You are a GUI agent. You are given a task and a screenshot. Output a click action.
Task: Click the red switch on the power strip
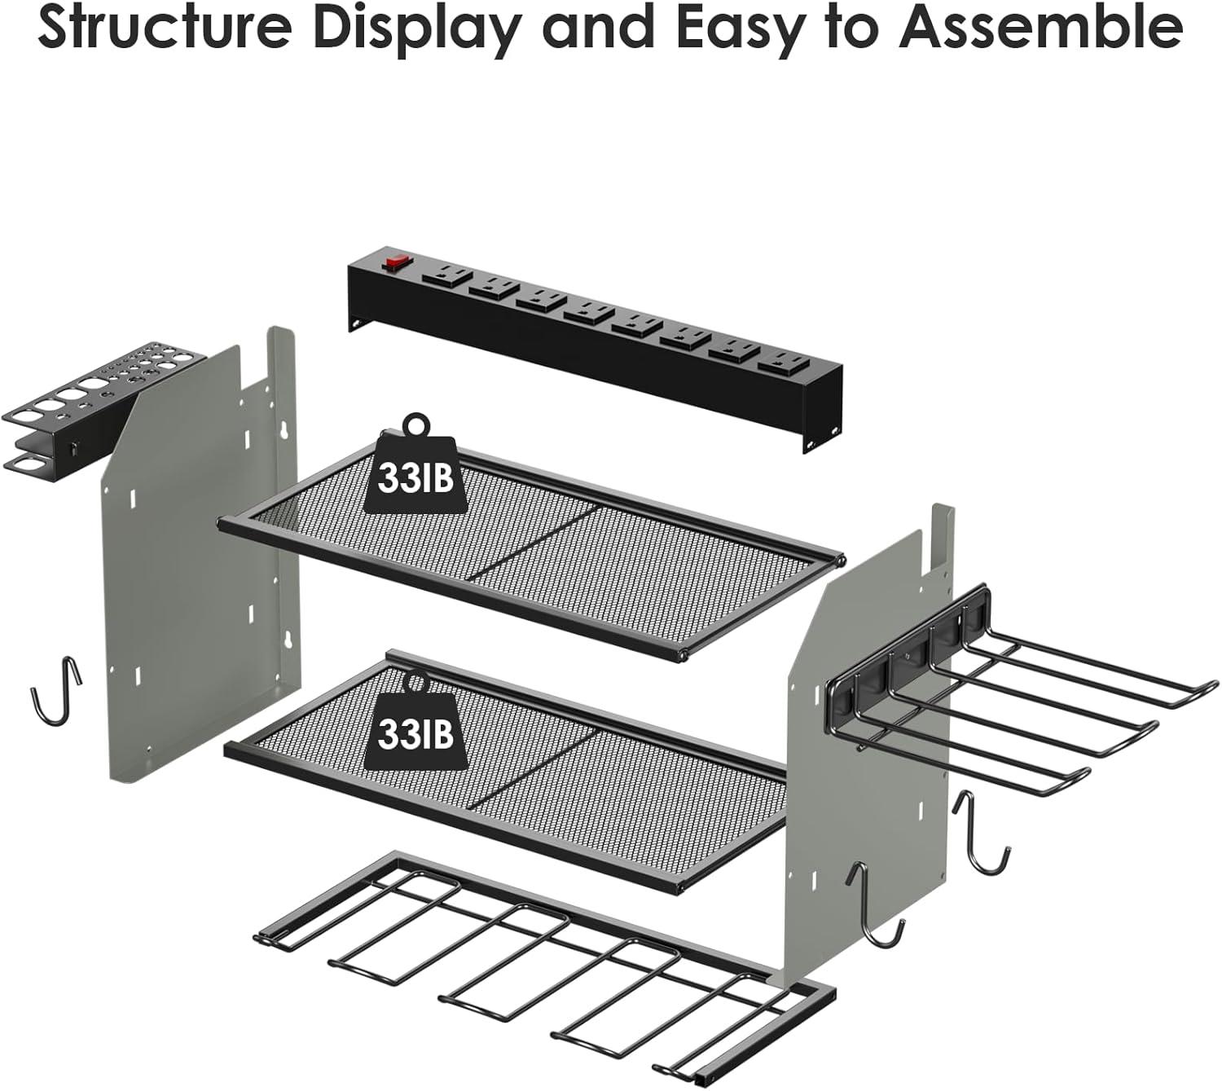coord(398,263)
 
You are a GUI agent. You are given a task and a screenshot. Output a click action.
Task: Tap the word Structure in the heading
coord(154,29)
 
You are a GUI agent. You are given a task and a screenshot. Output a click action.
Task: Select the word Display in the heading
coord(407,29)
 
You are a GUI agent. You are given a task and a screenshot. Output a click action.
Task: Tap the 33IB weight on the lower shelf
coord(415,732)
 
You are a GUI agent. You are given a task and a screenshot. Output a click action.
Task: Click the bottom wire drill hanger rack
coord(538,961)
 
